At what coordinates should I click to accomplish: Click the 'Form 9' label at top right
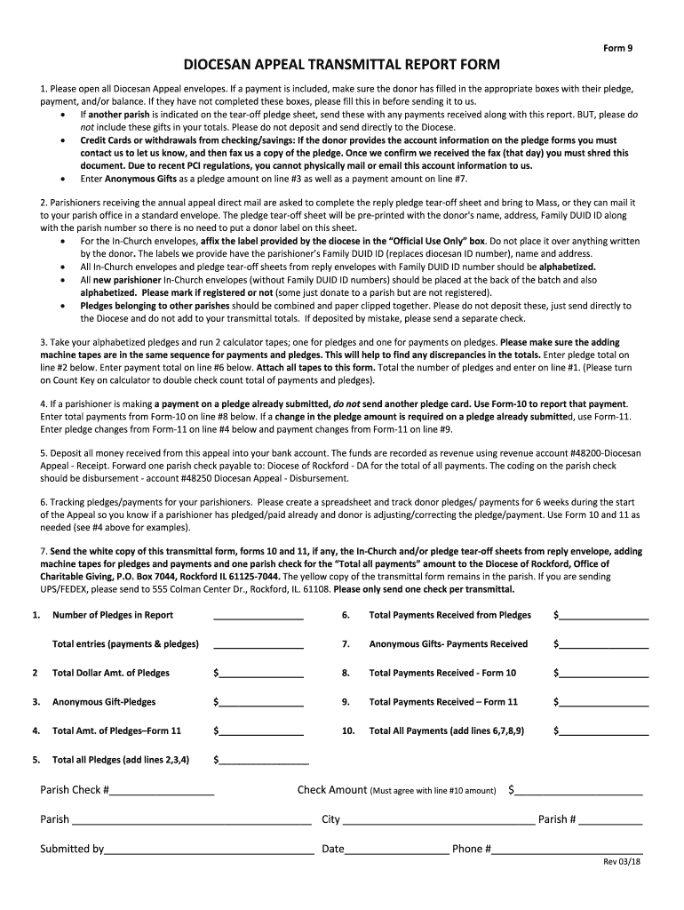(x=618, y=48)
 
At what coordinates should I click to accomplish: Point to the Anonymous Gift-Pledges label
(x=104, y=702)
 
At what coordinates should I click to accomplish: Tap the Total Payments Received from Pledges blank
(x=603, y=614)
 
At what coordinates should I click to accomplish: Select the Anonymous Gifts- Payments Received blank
(x=603, y=643)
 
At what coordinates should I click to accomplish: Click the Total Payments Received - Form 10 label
(x=442, y=673)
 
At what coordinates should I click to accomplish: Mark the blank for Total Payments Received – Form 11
(x=603, y=702)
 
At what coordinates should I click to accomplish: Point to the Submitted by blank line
(x=209, y=849)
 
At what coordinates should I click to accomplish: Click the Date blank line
(x=396, y=849)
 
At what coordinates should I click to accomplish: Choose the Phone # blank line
(x=568, y=849)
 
